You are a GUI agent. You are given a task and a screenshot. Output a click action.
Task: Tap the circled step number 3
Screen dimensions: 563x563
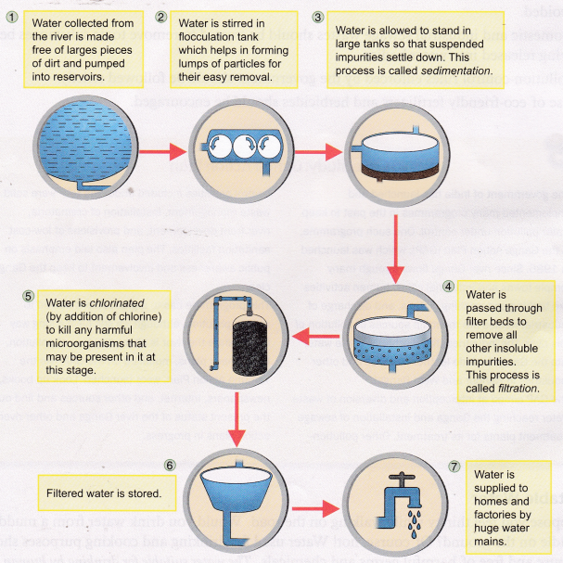pos(318,16)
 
